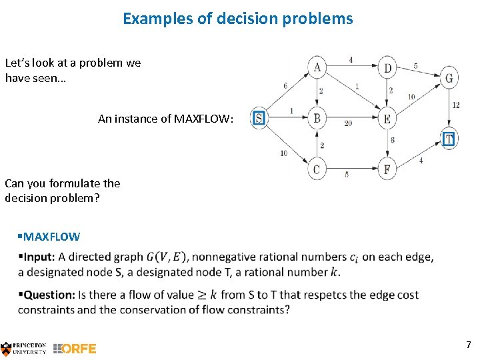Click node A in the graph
coord(317,67)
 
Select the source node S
coord(259,119)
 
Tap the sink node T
coord(449,139)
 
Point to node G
coord(449,78)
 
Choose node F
coord(387,169)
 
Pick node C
coord(317,169)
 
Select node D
coord(388,67)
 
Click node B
coord(317,119)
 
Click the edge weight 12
coord(455,105)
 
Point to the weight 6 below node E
coord(393,140)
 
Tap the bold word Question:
coord(49,295)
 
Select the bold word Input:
coord(39,257)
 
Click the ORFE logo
coord(75,348)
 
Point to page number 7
coord(468,345)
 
